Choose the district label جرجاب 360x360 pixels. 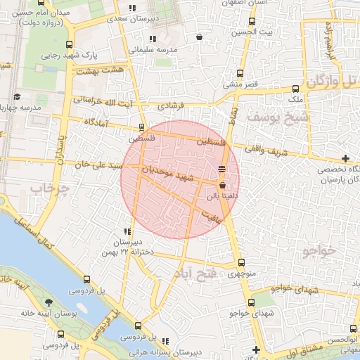(x=47, y=188)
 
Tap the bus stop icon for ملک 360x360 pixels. (x=296, y=89)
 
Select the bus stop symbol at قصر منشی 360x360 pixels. (x=241, y=73)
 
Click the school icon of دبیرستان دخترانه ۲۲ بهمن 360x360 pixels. (x=127, y=231)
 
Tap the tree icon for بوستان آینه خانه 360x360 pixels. (x=48, y=302)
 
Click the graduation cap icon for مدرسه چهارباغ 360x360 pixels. (x=17, y=97)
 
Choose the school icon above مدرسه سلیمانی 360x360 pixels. (x=152, y=39)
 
